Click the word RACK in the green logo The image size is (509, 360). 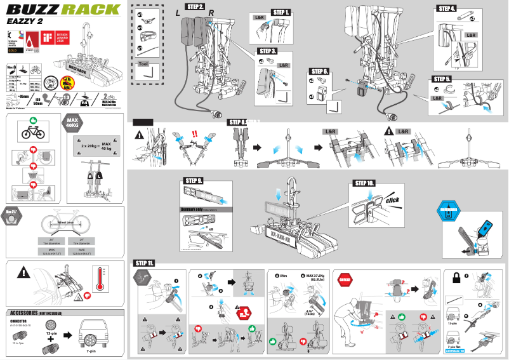93,10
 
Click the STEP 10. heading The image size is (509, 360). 363,183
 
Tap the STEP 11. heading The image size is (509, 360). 145,262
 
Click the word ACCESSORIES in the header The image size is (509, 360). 23,313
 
